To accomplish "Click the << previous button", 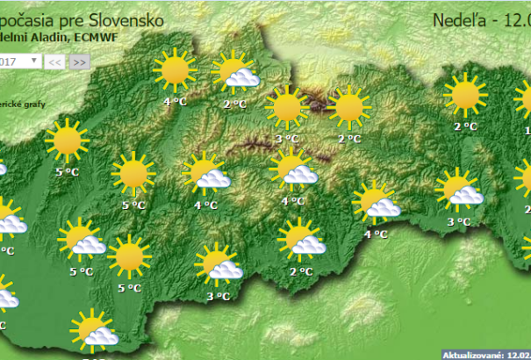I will [54, 61].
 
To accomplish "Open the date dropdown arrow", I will [34, 61].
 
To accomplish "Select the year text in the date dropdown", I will [11, 61].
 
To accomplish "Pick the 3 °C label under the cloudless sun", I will [286, 139].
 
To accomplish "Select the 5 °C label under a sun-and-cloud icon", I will [81, 272].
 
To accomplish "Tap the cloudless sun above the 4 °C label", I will [174, 70].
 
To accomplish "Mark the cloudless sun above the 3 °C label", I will [287, 108].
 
